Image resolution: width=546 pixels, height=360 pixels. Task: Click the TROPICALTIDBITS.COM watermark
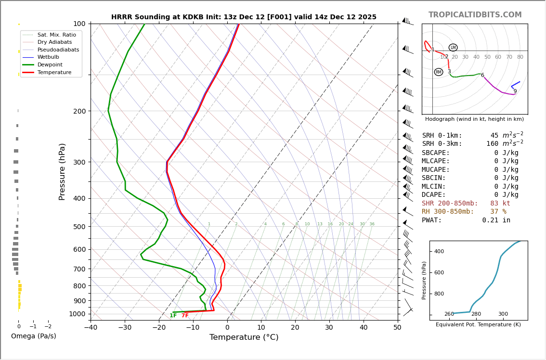tap(475, 15)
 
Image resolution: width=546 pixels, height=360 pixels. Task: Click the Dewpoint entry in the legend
tap(50, 64)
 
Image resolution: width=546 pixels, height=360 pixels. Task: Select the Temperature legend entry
tap(54, 72)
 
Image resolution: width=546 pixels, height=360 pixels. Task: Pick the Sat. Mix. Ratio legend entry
tap(56, 35)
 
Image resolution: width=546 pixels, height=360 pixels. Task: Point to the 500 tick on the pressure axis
tap(79, 227)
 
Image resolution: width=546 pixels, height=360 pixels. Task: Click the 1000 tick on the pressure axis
tap(78, 314)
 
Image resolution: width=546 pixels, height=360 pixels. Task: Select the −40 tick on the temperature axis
tap(91, 328)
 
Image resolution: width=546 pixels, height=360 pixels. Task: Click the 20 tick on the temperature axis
tap(295, 328)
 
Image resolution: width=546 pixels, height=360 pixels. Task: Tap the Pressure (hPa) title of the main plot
tap(62, 171)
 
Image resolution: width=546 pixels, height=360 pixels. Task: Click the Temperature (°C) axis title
tap(244, 337)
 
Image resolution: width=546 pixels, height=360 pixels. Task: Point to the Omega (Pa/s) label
tap(33, 336)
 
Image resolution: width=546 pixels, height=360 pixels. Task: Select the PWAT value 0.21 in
tap(496, 220)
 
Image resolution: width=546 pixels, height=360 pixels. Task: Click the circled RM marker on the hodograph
tap(439, 72)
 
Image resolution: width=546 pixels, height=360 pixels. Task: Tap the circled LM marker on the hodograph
tap(453, 48)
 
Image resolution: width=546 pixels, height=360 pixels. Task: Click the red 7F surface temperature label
tap(185, 316)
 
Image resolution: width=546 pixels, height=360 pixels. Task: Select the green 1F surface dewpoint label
tap(173, 316)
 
